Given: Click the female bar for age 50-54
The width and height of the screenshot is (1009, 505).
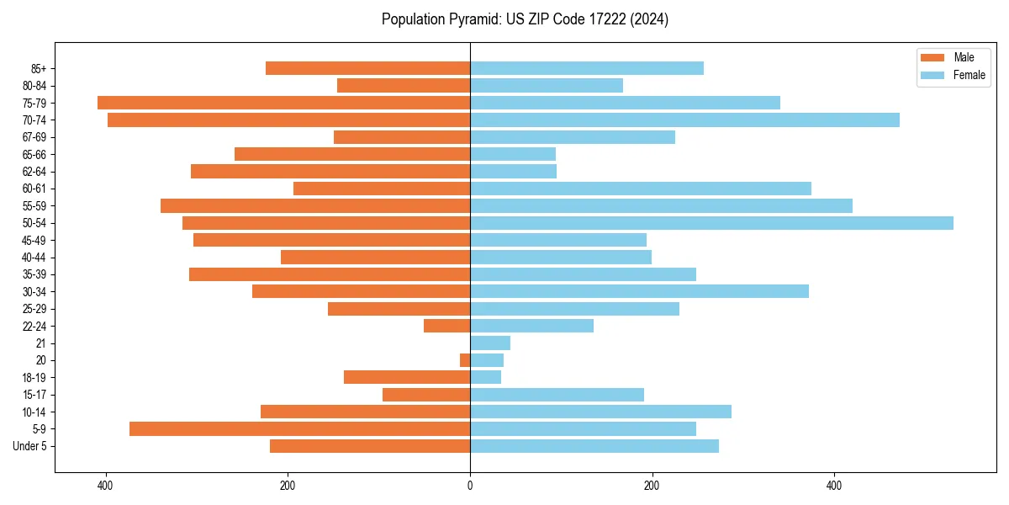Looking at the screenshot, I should pyautogui.click(x=711, y=223).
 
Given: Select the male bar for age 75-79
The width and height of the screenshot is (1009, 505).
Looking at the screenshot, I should pyautogui.click(x=283, y=103).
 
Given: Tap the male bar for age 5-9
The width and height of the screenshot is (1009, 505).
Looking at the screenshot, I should pyautogui.click(x=299, y=428).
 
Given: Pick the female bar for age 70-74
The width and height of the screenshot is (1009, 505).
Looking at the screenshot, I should pyautogui.click(x=684, y=120).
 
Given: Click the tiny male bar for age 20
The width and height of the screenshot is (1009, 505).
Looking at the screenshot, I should pyautogui.click(x=465, y=360).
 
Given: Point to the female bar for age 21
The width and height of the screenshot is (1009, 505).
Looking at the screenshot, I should pyautogui.click(x=490, y=343).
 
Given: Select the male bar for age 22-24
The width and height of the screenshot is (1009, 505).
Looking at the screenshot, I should pyautogui.click(x=446, y=326).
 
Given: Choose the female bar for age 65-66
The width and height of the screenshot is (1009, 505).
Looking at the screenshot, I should pyautogui.click(x=513, y=154).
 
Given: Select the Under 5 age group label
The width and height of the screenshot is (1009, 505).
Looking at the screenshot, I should pyautogui.click(x=30, y=446).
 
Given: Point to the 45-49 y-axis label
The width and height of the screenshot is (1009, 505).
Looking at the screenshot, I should pyautogui.click(x=34, y=240).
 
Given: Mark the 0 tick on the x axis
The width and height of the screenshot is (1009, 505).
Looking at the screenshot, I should pyautogui.click(x=470, y=486).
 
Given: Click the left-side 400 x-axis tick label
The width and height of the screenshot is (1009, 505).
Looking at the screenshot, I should pyautogui.click(x=105, y=486).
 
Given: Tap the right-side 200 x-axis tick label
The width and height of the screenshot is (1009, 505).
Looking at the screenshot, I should pyautogui.click(x=652, y=486).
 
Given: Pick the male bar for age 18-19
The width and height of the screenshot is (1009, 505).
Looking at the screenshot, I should pyautogui.click(x=407, y=377).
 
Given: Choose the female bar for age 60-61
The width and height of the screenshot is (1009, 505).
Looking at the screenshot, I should pyautogui.click(x=641, y=189).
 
